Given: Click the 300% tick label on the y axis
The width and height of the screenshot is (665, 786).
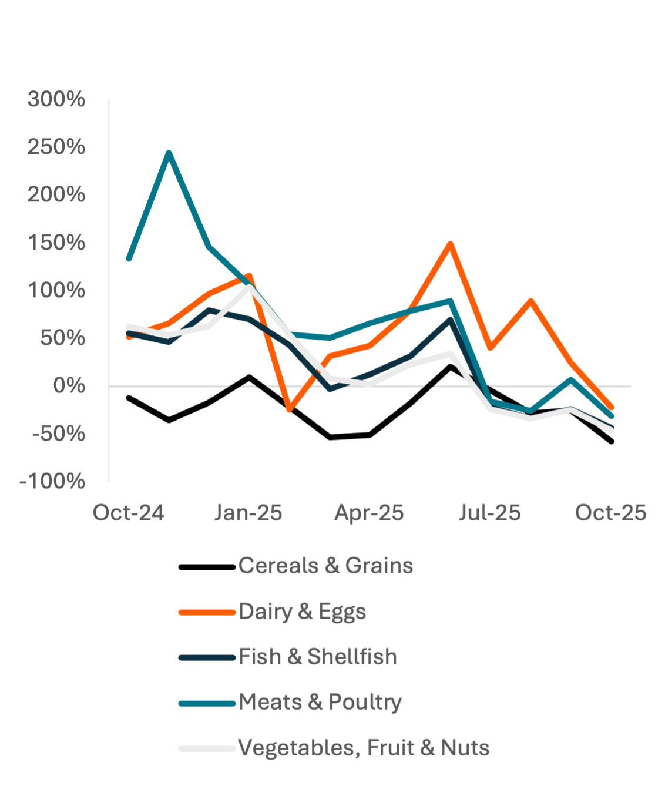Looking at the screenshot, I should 56,99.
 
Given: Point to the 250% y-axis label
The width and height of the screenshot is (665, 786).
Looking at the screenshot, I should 56,147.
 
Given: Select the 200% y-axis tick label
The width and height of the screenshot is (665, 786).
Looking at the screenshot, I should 56,194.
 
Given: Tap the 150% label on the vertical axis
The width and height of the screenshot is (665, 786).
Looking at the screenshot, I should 56,243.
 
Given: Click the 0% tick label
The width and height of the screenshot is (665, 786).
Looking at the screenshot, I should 69,385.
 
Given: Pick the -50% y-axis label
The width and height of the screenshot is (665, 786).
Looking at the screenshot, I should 59,434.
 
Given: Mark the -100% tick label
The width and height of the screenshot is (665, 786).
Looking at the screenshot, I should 52,481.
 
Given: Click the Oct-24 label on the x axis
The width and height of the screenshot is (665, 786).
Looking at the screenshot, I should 129,513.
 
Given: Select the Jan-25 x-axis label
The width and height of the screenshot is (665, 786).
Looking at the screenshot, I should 248,513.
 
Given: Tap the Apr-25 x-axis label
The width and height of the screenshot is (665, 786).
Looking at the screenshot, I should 370,513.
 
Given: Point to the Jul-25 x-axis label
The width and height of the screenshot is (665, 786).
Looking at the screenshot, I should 490,513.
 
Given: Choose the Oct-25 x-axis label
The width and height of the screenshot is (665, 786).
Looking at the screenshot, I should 611,513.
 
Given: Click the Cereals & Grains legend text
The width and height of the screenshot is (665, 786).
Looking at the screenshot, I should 325,565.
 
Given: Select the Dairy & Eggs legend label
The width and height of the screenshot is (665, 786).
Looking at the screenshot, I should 303,612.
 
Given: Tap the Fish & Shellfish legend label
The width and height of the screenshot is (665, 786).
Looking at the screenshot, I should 318,656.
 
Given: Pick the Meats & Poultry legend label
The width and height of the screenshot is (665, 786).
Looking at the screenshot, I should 320,701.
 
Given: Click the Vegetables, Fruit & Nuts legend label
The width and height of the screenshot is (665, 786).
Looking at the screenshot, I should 364,747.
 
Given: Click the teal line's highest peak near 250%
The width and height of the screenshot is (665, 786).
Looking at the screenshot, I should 169,153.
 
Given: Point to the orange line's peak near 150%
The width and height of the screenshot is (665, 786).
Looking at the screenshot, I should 450,243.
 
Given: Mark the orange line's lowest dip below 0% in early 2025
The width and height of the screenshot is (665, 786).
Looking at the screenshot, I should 289,410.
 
